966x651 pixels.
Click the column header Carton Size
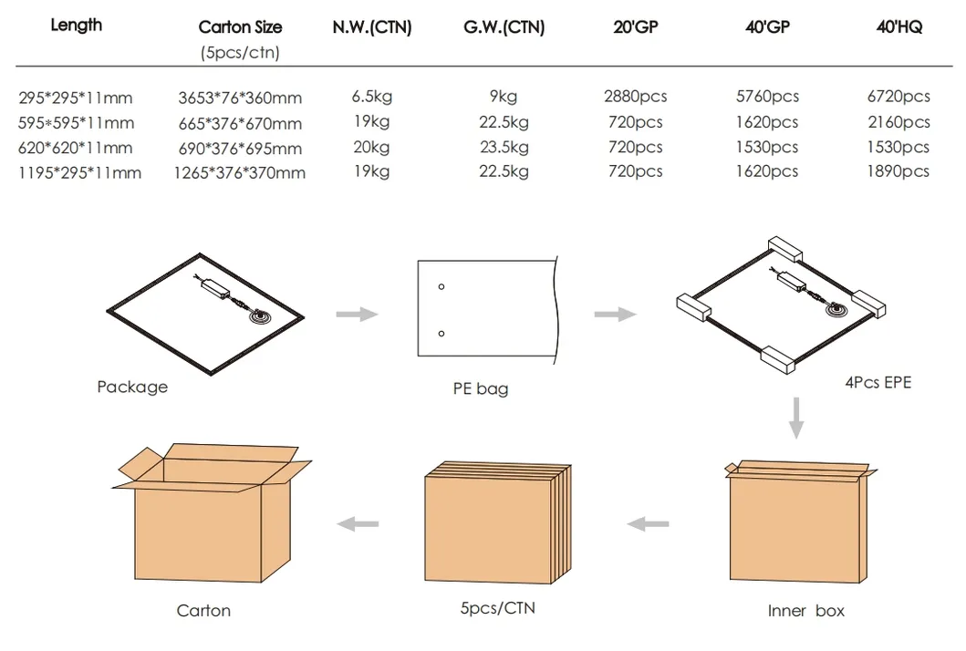240,27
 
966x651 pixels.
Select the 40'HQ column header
898,27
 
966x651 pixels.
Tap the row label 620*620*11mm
76,148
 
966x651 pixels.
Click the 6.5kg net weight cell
371,97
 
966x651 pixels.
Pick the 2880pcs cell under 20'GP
635,97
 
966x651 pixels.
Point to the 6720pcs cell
898,97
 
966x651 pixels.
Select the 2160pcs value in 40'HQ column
898,122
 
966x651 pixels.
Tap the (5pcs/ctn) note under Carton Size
240,53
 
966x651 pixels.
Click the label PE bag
481,389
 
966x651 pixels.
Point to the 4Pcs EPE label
878,383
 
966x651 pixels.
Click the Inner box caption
805,611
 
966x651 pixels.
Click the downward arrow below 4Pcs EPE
796,417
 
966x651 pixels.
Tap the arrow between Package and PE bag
357,315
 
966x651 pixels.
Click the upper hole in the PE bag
441,287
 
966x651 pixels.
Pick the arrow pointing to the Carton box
358,523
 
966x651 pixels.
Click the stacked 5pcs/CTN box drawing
496,524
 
